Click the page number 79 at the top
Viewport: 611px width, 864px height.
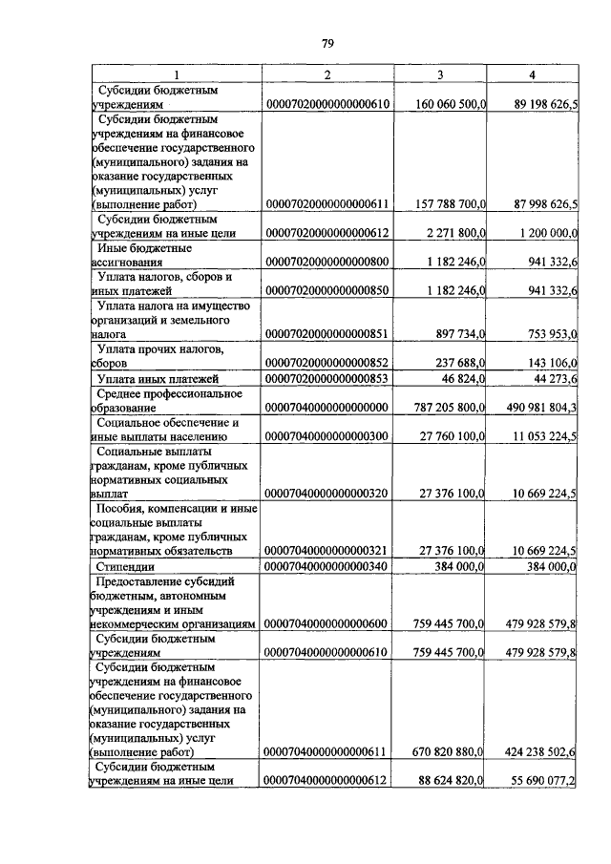pyautogui.click(x=327, y=43)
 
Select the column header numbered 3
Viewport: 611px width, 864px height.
pyautogui.click(x=440, y=74)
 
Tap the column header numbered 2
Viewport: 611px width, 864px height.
pyautogui.click(x=327, y=74)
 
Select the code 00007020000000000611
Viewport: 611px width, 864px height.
pyautogui.click(x=327, y=203)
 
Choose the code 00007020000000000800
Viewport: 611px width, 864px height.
pyautogui.click(x=327, y=261)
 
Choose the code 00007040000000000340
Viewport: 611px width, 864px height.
pyautogui.click(x=327, y=566)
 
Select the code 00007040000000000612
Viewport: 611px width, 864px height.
pyautogui.click(x=327, y=780)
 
